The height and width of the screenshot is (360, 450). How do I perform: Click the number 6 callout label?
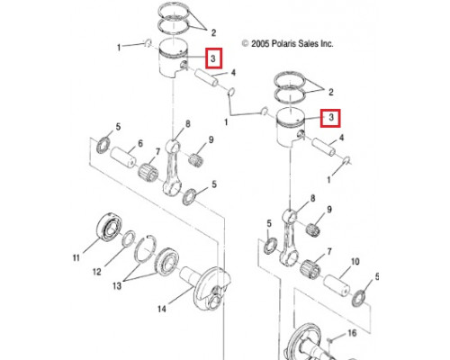pyautogui.click(x=140, y=144)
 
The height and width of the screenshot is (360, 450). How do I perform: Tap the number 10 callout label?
pyautogui.click(x=355, y=262)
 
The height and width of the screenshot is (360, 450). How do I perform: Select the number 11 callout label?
pyautogui.click(x=76, y=257)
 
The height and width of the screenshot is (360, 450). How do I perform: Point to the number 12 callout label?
pyautogui.click(x=97, y=272)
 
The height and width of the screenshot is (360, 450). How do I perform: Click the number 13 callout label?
pyautogui.click(x=117, y=285)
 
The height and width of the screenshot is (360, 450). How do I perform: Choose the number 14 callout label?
pyautogui.click(x=162, y=309)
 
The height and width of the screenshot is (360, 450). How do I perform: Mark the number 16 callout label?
pyautogui.click(x=352, y=333)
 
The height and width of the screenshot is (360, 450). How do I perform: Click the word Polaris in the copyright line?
pyautogui.click(x=283, y=44)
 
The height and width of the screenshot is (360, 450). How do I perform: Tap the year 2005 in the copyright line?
pyautogui.click(x=260, y=44)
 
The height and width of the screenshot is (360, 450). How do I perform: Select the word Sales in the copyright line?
pyautogui.click(x=307, y=44)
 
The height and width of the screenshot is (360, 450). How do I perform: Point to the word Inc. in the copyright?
pyautogui.click(x=327, y=44)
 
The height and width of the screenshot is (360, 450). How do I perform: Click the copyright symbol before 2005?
pyautogui.click(x=246, y=44)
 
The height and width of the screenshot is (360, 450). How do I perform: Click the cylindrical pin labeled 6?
pyautogui.click(x=123, y=156)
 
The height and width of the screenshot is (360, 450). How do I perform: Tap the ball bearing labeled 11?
pyautogui.click(x=110, y=227)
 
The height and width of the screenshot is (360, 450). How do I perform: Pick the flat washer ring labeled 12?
pyautogui.click(x=129, y=238)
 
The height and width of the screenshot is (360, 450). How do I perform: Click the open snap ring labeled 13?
pyautogui.click(x=145, y=249)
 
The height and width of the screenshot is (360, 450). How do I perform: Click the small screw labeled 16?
pyautogui.click(x=330, y=340)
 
